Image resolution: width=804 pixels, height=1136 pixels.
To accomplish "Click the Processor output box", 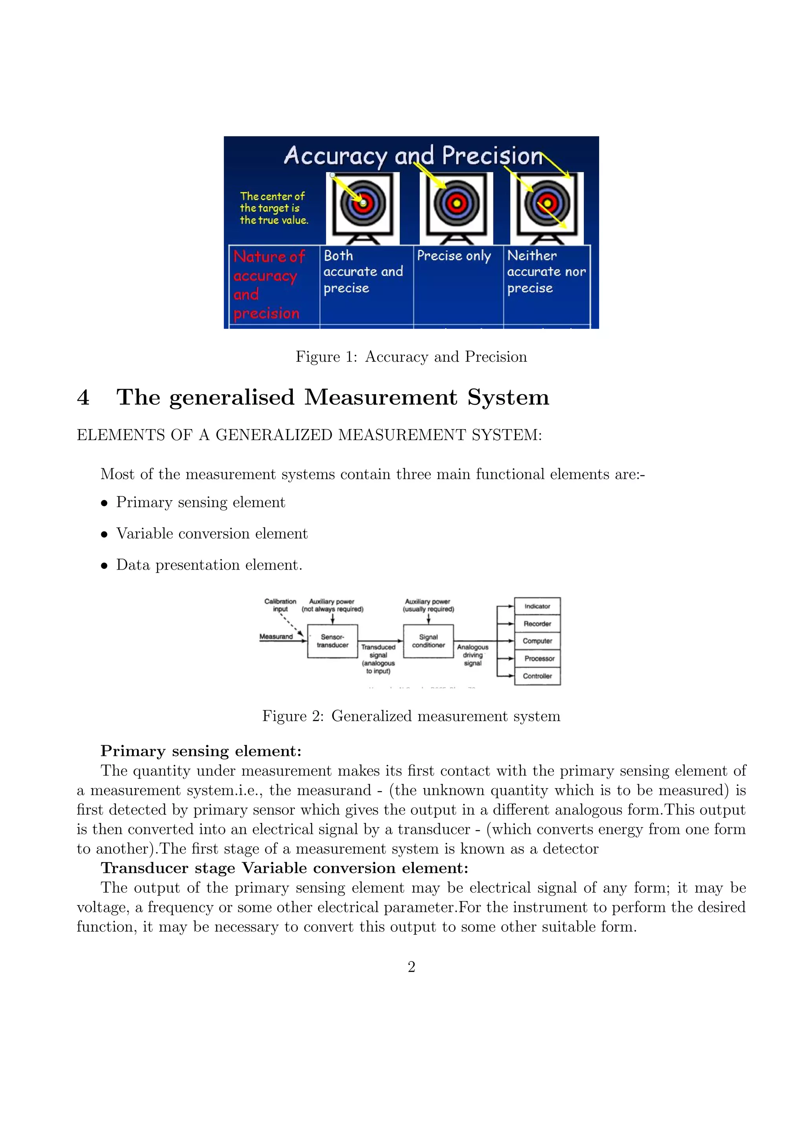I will click(x=539, y=659).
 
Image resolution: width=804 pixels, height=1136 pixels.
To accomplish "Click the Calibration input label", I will click(x=280, y=605).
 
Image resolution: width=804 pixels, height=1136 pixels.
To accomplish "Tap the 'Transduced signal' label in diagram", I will click(x=378, y=659).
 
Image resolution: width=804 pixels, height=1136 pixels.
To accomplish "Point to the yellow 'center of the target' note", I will click(x=273, y=208).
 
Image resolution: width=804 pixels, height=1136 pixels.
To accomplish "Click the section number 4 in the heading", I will click(x=83, y=397).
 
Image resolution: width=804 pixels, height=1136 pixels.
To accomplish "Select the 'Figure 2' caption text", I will click(x=411, y=716).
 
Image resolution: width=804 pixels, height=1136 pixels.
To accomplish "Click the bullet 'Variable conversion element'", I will click(x=212, y=533).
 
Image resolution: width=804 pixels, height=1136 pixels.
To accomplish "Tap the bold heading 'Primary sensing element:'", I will click(x=201, y=751).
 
